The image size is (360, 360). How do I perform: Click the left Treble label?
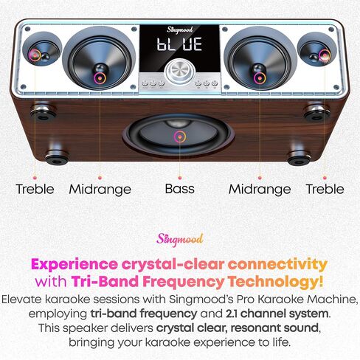pos(35,189)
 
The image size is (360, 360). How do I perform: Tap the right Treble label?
pos(325,189)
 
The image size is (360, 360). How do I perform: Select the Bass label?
pos(180,189)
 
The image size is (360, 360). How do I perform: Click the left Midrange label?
pos(100,190)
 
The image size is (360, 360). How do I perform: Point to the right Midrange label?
pos(260,190)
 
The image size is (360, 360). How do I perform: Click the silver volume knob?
pos(180,72)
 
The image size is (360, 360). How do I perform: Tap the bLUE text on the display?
pos(180,44)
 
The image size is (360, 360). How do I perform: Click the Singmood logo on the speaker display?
pos(180,30)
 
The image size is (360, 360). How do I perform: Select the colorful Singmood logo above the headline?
pos(180,239)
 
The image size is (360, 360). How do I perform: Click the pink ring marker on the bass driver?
pos(180,136)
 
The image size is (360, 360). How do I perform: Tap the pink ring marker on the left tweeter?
pos(35,55)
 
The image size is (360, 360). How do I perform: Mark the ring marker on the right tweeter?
pos(325,55)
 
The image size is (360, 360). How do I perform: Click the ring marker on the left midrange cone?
pos(100,78)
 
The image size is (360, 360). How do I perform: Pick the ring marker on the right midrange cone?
pos(260,78)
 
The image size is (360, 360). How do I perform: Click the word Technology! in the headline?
pos(276,282)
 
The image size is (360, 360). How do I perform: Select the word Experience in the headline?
pos(75,265)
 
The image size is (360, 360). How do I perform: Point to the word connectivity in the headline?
pos(277,265)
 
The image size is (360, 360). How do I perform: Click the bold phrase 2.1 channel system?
pos(277,314)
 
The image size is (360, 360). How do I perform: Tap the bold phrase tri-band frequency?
pos(144,314)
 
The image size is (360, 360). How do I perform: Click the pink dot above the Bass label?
pos(180,178)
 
